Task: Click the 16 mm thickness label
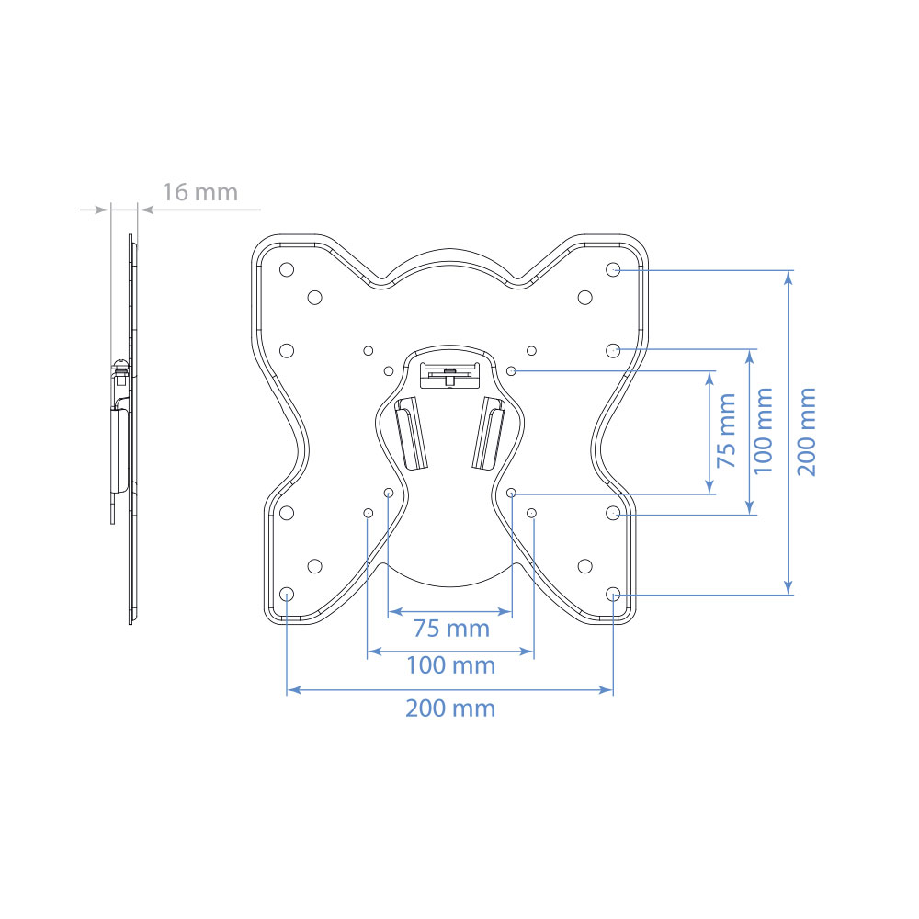[x=199, y=192]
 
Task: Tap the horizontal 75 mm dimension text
[x=451, y=629]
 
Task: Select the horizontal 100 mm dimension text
[x=450, y=665]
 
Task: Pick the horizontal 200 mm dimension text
[x=450, y=708]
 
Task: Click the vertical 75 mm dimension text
[x=727, y=430]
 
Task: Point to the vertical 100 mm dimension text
[x=763, y=431]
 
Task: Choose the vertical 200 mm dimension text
[x=807, y=431]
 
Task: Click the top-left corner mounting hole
[x=287, y=269]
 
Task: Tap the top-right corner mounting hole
[x=613, y=269]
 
